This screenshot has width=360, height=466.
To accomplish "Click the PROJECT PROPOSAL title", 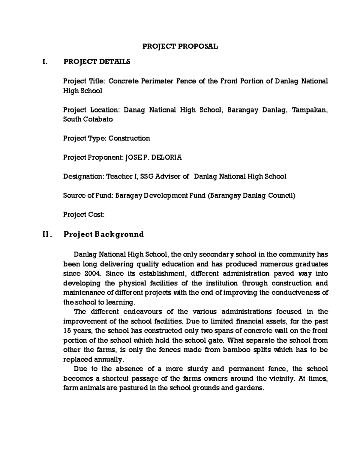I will point(180,47).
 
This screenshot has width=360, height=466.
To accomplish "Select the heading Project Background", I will point(103,234).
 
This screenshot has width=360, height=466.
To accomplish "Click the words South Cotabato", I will point(88,119).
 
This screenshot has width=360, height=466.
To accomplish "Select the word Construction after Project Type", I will point(129,138).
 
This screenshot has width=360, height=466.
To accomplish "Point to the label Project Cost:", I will point(84,215).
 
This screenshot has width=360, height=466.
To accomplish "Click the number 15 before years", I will point(67,331).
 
